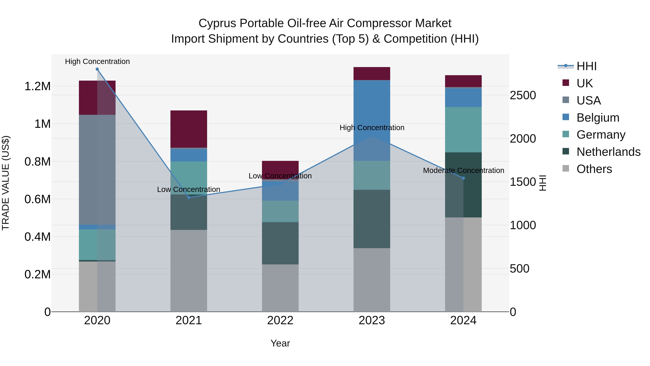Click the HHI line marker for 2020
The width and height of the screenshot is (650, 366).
click(97, 69)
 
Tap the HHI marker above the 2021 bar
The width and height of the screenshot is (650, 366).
click(189, 197)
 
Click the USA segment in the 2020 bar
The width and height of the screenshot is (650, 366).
click(97, 170)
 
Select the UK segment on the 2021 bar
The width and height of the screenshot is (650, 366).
click(189, 129)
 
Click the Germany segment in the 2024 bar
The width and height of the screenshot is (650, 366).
click(463, 130)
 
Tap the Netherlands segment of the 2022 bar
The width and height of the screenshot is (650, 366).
click(280, 243)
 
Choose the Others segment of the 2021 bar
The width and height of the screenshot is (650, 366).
click(189, 271)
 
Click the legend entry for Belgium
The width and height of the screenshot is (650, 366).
click(598, 118)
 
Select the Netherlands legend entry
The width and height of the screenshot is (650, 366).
click(608, 152)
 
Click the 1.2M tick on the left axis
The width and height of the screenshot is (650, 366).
click(37, 86)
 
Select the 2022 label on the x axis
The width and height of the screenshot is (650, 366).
click(280, 320)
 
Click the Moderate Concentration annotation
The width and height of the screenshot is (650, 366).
click(463, 170)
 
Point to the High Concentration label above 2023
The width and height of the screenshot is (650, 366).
click(372, 128)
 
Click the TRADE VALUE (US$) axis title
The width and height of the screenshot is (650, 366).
click(6, 183)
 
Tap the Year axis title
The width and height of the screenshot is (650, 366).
click(280, 343)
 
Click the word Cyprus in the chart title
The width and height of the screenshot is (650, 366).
click(217, 23)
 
